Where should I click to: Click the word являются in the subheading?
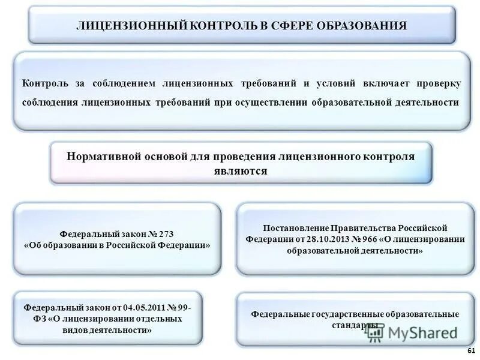pos(240,171)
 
